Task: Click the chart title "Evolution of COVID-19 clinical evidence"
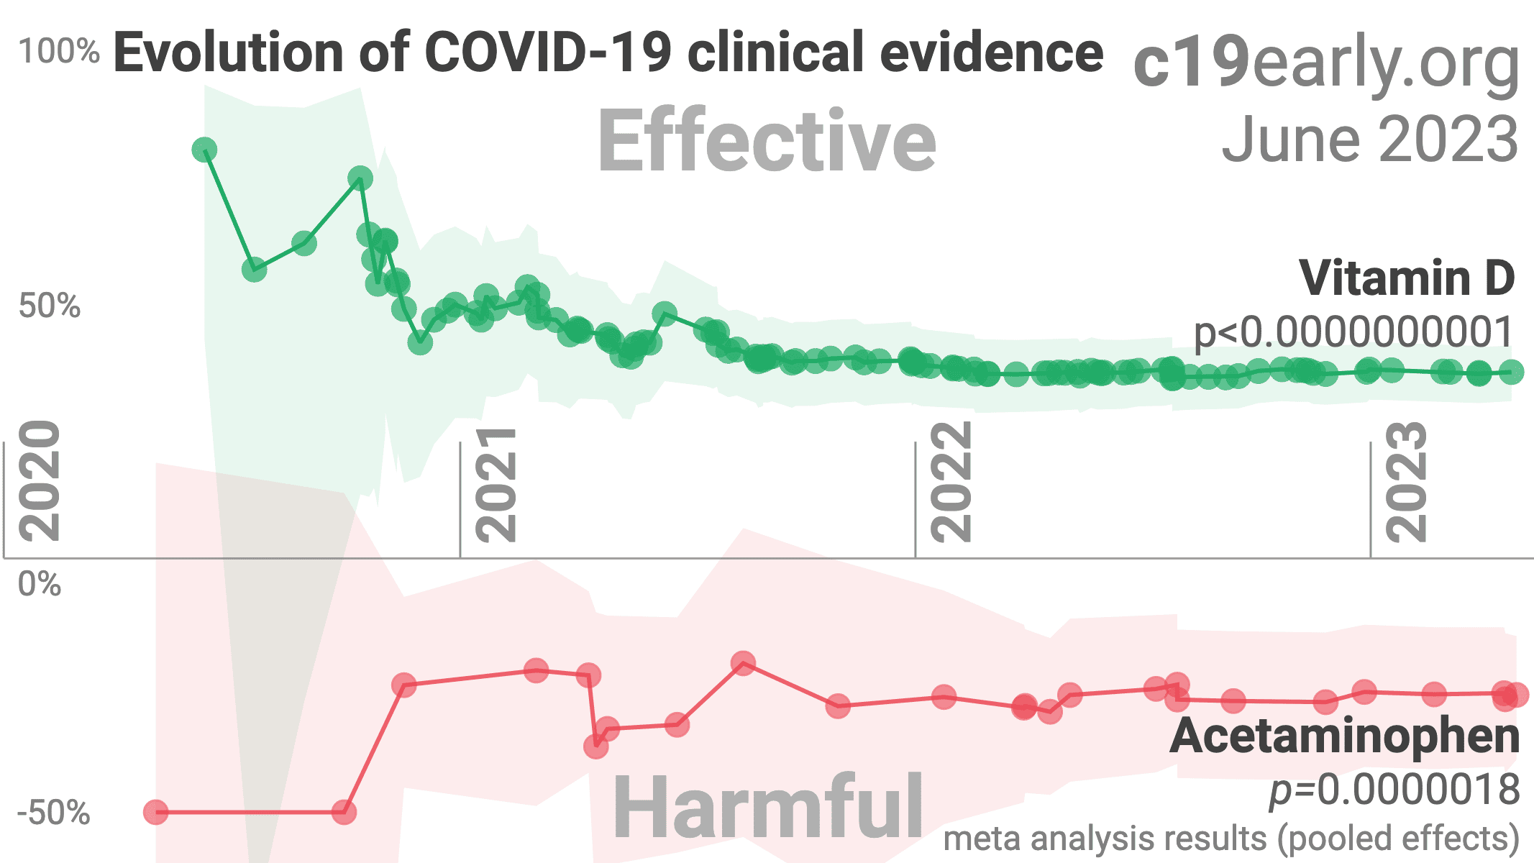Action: click(608, 53)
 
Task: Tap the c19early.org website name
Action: click(1325, 63)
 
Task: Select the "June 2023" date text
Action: click(1369, 139)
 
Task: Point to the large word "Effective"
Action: click(767, 140)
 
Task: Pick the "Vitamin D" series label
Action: click(1407, 278)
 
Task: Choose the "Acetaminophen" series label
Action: click(1344, 736)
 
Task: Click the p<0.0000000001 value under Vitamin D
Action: click(1353, 332)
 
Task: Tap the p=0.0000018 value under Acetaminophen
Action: click(1394, 790)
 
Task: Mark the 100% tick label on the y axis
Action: click(59, 52)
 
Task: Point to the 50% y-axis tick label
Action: click(49, 306)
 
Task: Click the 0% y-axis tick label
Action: click(40, 584)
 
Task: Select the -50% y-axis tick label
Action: click(53, 813)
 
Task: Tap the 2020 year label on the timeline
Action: click(40, 481)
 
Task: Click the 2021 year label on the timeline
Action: click(496, 485)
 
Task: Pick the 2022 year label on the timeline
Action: click(951, 481)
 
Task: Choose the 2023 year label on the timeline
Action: click(1406, 481)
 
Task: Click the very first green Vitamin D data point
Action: click(204, 150)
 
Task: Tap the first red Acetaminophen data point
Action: click(156, 813)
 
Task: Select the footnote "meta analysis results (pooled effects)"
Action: click(1231, 839)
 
